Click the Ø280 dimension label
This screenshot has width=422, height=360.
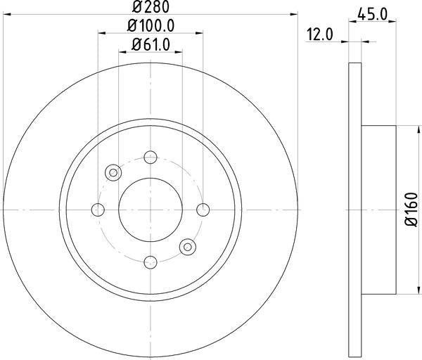click(151, 7)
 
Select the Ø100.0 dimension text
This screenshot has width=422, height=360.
click(151, 26)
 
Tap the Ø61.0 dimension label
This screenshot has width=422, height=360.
click(151, 44)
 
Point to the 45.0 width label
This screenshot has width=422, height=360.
click(372, 14)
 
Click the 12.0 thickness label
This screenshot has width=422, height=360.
click(320, 34)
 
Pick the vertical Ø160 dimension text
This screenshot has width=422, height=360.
click(411, 210)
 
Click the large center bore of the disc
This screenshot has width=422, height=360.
click(151, 210)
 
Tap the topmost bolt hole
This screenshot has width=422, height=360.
click(151, 157)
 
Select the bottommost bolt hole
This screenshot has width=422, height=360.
click(151, 262)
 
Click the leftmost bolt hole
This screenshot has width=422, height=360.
click(98, 210)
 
